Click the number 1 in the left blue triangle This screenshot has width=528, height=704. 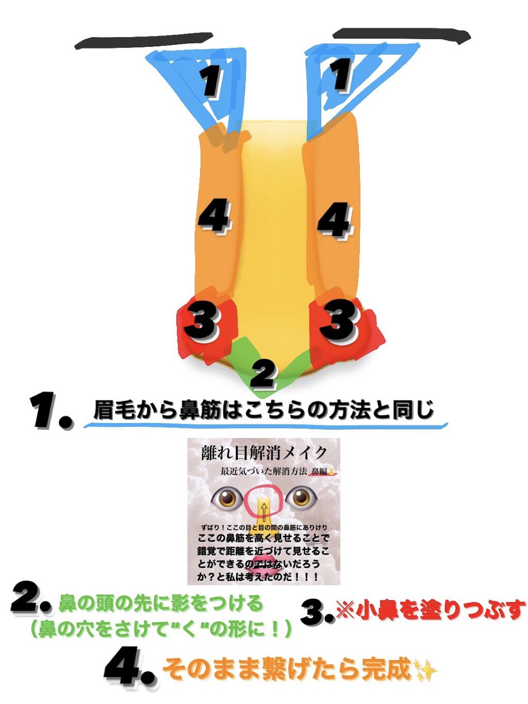[x=211, y=81]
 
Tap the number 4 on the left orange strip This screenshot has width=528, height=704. [x=214, y=216]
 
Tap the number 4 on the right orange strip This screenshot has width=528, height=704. [x=335, y=221]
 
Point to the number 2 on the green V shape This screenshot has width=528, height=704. [x=263, y=374]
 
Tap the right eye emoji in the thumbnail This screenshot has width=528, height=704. [x=302, y=498]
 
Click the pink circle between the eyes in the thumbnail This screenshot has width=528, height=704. [x=263, y=501]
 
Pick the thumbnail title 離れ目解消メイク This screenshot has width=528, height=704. [x=263, y=453]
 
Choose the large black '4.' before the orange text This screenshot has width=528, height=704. [x=129, y=667]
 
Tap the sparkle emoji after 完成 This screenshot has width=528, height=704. [x=425, y=671]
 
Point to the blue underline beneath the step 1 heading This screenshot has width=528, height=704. [x=266, y=426]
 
